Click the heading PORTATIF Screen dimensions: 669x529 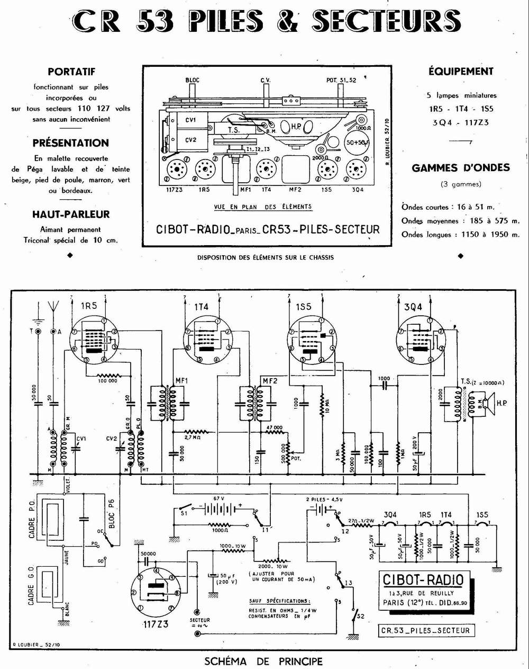coord(71,72)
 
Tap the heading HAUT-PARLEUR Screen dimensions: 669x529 coord(71,214)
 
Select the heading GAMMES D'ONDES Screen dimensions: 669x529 coord(461,168)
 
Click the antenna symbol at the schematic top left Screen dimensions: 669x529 coord(53,308)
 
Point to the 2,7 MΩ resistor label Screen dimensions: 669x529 coord(191,438)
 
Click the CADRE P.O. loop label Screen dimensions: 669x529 coord(32,521)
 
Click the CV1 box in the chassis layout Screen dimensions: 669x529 coord(191,120)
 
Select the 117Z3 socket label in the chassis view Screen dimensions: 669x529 coord(175,189)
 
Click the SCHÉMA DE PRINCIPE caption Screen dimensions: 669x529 coord(263,661)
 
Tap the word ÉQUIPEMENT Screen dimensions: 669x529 coord(461,71)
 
